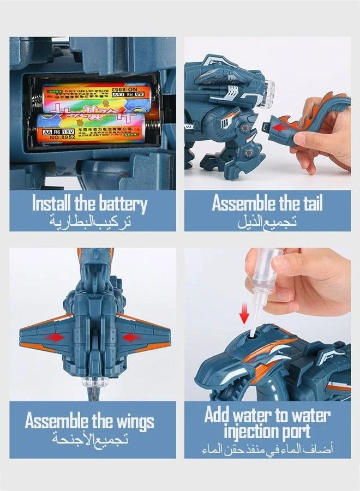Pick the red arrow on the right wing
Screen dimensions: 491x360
(x=130, y=338)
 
